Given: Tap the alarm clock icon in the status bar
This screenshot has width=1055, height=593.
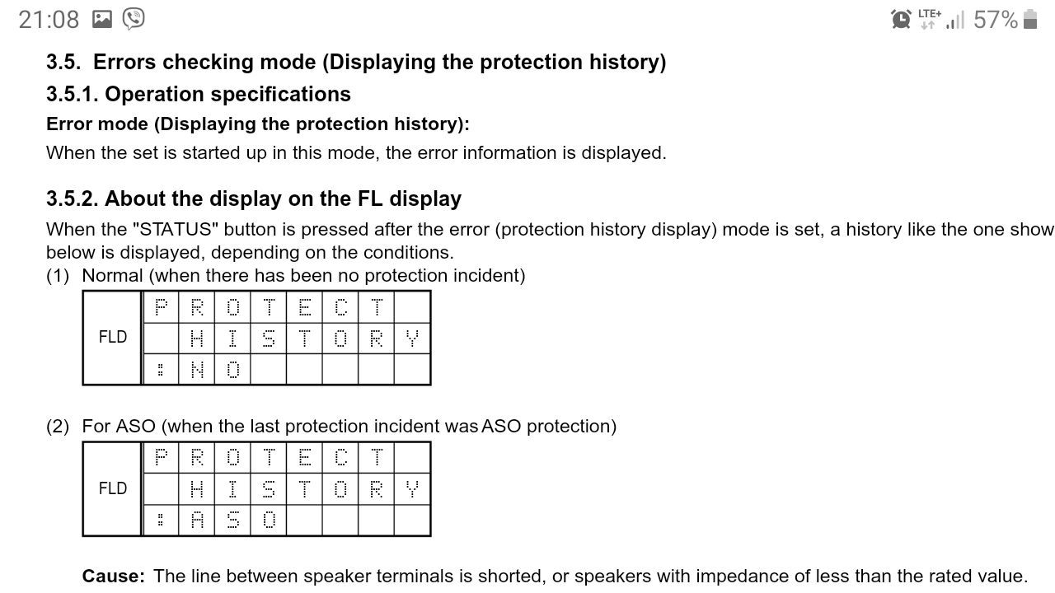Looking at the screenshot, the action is tap(901, 20).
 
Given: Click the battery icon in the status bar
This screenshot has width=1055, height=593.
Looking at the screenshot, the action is tap(1030, 19).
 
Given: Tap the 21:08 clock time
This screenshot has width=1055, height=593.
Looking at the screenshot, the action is tap(49, 20).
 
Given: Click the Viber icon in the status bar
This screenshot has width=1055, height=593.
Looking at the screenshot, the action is tap(134, 19).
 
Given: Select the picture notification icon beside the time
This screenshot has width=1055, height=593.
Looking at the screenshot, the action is tap(101, 19).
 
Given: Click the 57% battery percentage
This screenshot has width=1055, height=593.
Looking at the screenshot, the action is tap(996, 20).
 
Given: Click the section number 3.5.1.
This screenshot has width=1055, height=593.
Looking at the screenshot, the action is tap(73, 94).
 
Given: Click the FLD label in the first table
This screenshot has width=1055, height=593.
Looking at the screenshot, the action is tap(113, 337).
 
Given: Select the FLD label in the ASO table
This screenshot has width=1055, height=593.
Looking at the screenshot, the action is tap(113, 488).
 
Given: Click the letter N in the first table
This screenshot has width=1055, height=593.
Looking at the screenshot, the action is tap(197, 370).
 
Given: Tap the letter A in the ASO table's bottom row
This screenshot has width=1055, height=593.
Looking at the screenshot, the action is tap(197, 521).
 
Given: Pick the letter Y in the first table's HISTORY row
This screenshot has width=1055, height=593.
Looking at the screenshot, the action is tap(412, 339).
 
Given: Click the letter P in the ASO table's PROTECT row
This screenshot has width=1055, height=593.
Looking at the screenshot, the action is tap(161, 457).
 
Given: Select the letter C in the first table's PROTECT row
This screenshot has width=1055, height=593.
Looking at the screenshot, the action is tap(340, 307).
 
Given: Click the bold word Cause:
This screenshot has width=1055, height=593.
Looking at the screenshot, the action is tap(114, 576).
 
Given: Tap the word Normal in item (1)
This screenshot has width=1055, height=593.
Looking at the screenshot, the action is tap(112, 276).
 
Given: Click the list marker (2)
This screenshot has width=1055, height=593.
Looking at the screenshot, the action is tap(58, 427).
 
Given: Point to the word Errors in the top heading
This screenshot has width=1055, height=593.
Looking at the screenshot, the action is tap(124, 62).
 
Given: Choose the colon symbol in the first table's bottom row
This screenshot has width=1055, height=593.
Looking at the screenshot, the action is tap(161, 370).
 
